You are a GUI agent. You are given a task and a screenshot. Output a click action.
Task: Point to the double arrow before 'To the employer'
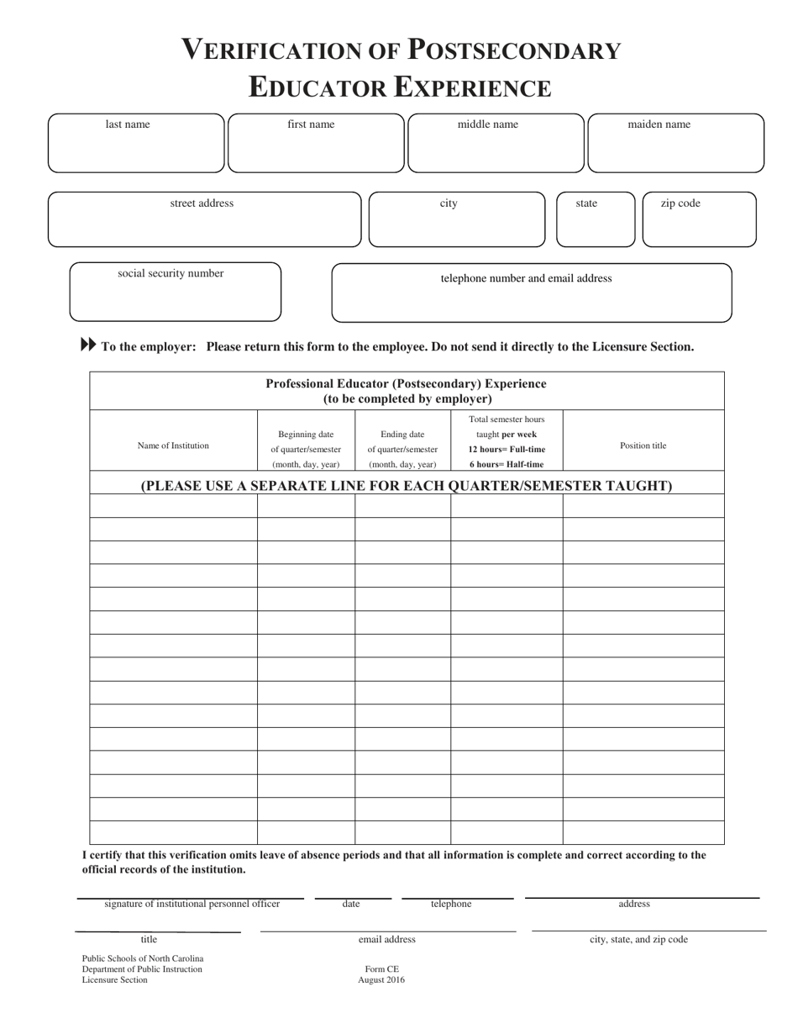[88, 345]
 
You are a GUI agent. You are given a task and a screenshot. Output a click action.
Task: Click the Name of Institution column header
[173, 446]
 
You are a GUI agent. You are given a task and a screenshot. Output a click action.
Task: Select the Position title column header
[643, 446]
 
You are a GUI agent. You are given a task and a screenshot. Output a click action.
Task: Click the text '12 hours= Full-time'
[507, 449]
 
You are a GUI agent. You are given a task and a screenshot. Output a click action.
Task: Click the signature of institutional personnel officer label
[192, 904]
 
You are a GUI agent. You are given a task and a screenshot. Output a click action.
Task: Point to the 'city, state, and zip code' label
[638, 940]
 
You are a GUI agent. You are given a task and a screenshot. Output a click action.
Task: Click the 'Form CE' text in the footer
[381, 968]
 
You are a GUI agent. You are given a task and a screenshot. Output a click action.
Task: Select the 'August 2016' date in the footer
[381, 980]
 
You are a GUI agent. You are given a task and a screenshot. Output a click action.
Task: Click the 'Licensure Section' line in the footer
[114, 980]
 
